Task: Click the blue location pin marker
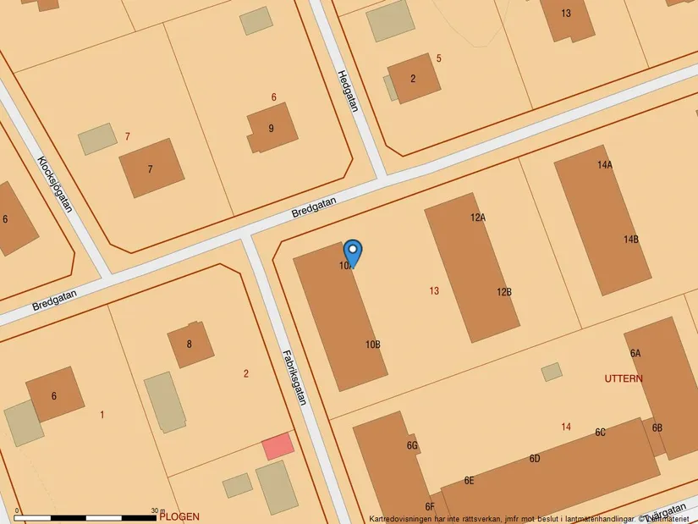(353, 252)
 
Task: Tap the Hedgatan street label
(348, 90)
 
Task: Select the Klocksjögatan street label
(56, 185)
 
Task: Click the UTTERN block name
(624, 378)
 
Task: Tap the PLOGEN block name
(179, 516)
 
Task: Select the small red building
(278, 445)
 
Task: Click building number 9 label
(271, 129)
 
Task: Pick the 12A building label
(478, 218)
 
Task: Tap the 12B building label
(504, 292)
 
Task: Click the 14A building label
(604, 165)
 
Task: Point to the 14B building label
(631, 240)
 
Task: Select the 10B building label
(373, 345)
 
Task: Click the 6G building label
(412, 445)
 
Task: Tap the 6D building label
(535, 459)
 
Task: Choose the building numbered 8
(190, 345)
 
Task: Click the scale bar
(85, 516)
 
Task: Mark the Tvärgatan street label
(666, 511)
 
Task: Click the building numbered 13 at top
(566, 13)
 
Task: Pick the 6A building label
(635, 353)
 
